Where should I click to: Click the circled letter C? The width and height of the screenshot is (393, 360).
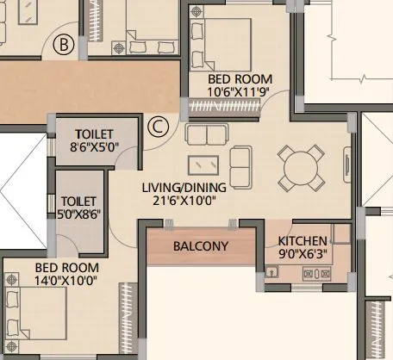pos(157,127)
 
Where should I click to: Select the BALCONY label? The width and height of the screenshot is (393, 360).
pos(200,245)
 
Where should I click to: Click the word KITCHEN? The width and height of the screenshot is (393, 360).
pos(303,241)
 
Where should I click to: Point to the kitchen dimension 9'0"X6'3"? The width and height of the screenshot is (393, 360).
pos(303,255)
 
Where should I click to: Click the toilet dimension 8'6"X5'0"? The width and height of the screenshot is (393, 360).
pos(96,147)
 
